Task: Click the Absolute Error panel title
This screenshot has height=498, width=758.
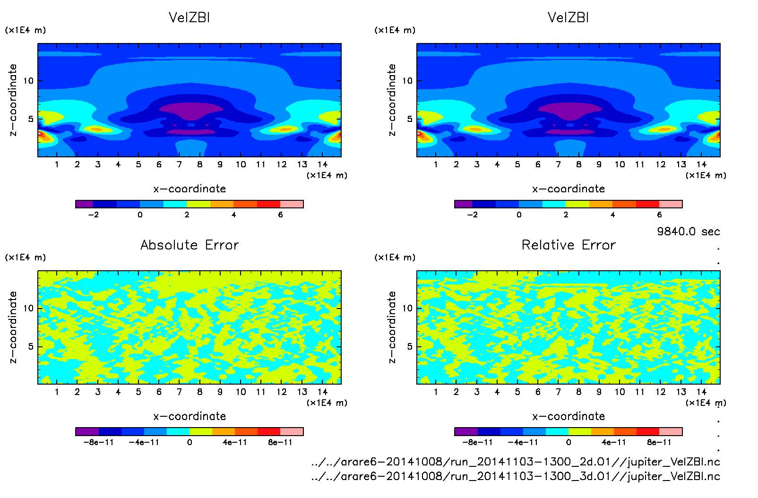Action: coord(189,245)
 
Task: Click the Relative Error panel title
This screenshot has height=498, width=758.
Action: coord(568,245)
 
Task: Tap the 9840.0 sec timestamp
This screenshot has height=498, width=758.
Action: coord(688,232)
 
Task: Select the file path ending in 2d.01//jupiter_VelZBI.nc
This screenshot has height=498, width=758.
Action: coord(516,462)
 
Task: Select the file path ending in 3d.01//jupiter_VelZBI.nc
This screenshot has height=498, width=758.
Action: coord(516,476)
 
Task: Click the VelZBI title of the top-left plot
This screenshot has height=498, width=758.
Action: coord(189,17)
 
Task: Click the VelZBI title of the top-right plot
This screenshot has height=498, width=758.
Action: coord(568,17)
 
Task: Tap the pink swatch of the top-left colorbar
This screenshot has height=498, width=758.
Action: coord(292,204)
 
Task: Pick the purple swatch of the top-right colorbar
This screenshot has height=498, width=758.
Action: coord(463,204)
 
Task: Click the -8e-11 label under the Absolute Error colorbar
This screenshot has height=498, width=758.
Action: coord(98,442)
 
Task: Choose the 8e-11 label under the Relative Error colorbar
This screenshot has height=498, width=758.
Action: coord(659,442)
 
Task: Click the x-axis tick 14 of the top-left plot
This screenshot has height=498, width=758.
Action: coord(322,164)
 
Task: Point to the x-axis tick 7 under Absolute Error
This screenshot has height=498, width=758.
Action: coord(179,392)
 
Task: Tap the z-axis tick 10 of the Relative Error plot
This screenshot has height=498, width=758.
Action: coord(407,309)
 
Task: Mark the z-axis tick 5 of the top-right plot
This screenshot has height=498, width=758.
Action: coord(410,119)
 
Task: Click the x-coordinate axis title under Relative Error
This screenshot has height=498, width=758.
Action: coord(568,416)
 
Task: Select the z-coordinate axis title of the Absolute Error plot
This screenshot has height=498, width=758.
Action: coord(13,327)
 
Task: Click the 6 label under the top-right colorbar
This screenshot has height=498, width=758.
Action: coord(659,215)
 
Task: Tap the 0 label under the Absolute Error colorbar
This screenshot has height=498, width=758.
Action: coord(189,442)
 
